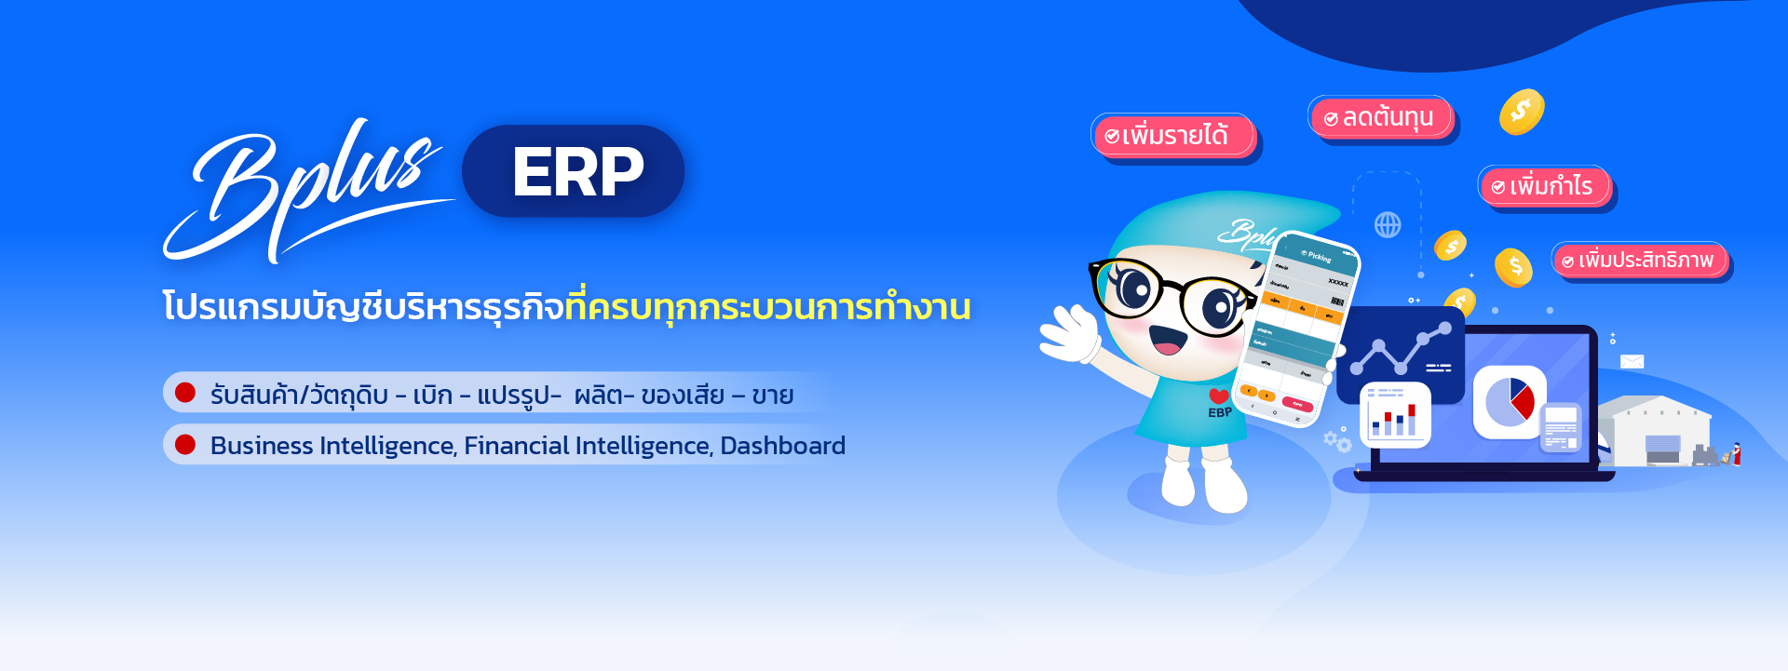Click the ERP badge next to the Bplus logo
574,171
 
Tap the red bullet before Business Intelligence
185,445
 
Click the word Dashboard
782,446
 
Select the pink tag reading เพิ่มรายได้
1173,136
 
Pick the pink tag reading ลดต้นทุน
1380,118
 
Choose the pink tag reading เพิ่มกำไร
1544,186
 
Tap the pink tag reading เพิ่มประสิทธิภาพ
1639,260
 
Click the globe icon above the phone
1388,224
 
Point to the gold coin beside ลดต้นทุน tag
1521,112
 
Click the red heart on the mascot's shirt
1219,396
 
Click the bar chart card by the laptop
1394,415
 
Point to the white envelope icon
1632,362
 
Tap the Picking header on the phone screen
1319,256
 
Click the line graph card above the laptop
1401,354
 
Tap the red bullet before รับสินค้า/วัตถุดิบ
185,393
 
